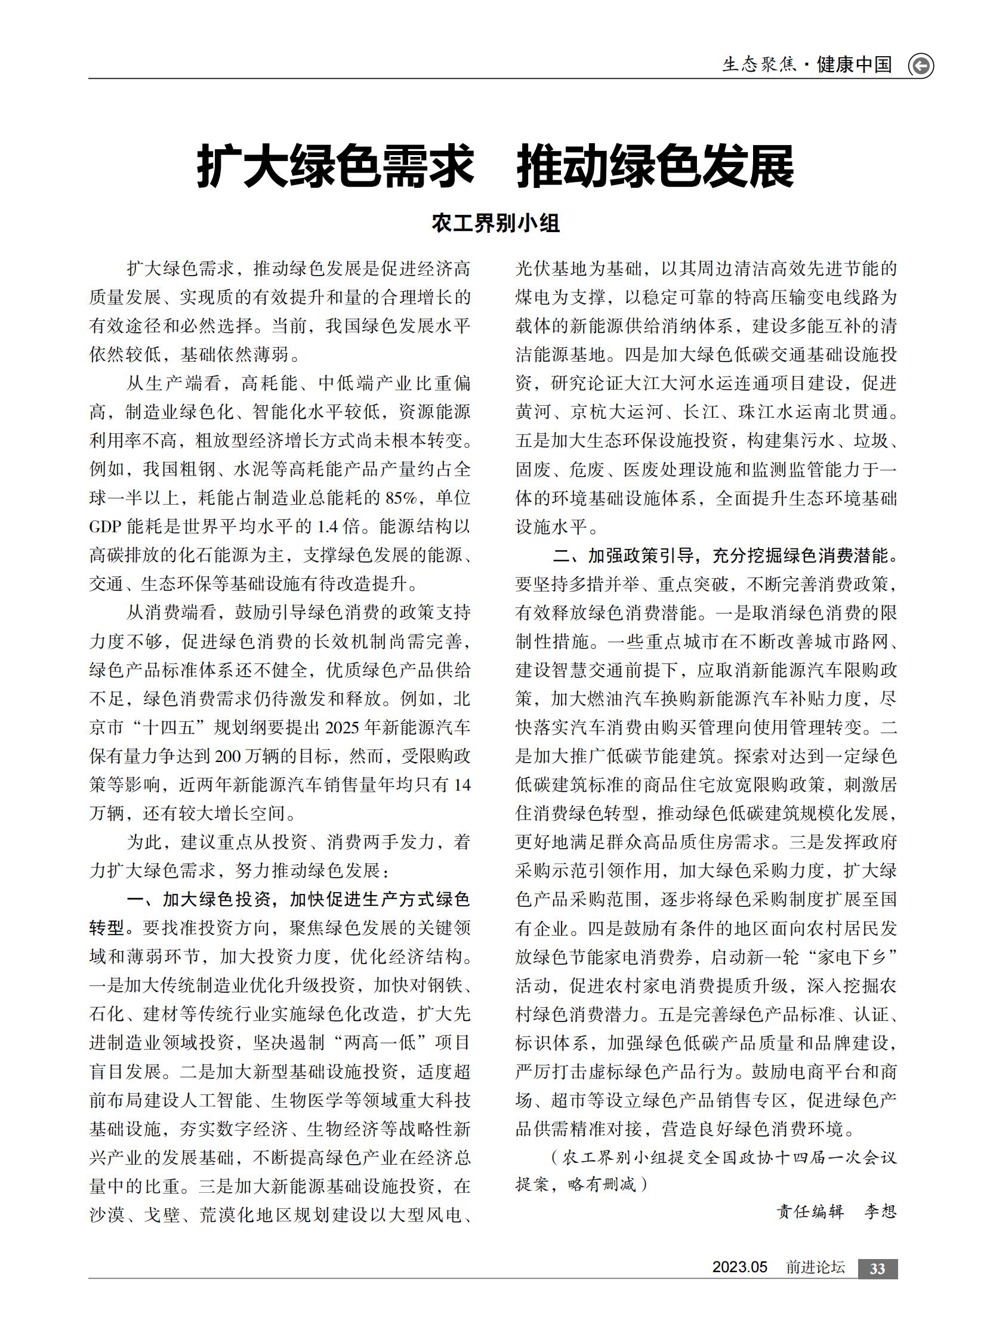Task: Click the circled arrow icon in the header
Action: coord(921,65)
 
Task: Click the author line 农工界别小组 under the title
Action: coord(495,224)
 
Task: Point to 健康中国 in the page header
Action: coord(855,64)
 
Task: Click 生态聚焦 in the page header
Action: coord(760,64)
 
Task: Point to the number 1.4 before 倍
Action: coord(328,526)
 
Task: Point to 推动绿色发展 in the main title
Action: coord(655,166)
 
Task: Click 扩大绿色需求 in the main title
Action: coord(335,166)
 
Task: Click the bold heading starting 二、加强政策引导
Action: coord(724,556)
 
